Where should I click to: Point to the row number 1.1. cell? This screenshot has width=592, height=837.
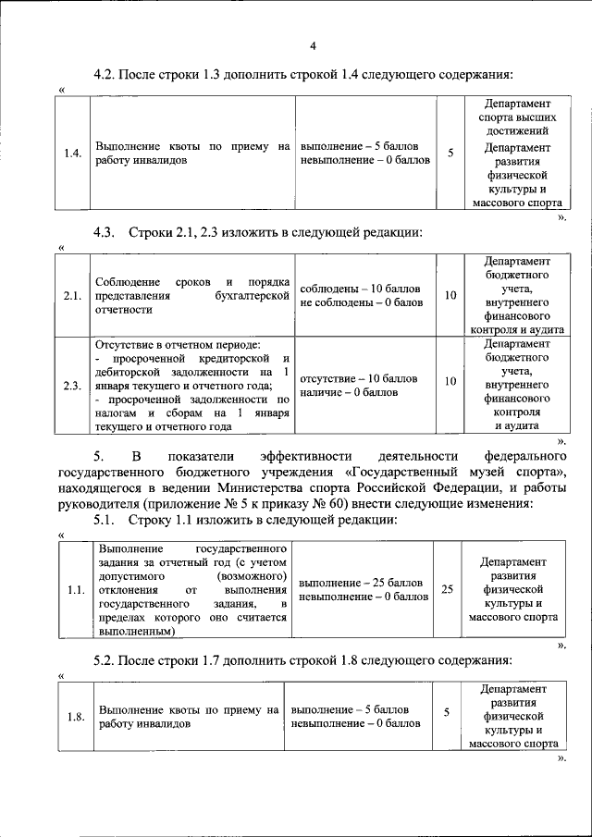76,589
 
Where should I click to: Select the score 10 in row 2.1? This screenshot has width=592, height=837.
450,295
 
